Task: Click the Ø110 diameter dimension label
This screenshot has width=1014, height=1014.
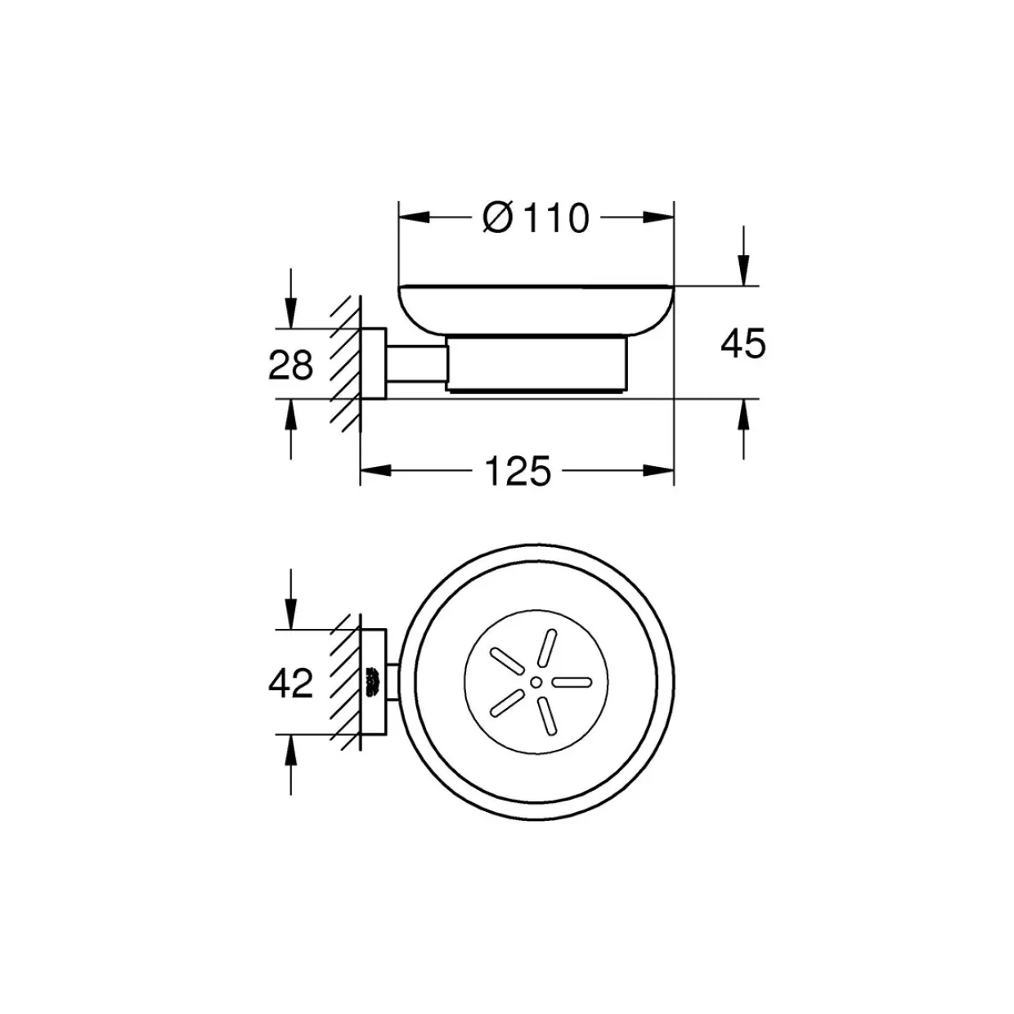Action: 535,218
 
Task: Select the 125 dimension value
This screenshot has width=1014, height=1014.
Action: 518,470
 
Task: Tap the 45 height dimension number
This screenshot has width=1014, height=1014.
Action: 743,343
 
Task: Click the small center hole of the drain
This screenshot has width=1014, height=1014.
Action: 536,683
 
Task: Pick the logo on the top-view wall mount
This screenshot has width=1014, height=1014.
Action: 373,683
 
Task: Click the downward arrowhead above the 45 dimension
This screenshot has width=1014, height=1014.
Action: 743,271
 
